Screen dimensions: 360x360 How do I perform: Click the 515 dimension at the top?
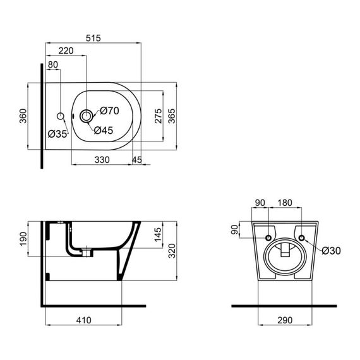point(93,39)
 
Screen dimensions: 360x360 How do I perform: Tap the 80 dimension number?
point(53,64)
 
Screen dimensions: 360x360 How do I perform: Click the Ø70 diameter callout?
point(109,111)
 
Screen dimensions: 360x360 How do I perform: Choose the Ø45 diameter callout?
point(104,130)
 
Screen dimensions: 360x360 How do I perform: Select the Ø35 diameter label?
point(57,133)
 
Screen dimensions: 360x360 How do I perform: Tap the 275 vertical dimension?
point(158,116)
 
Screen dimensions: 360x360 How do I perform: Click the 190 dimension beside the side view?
point(23,239)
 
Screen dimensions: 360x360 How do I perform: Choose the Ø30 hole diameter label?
point(331,250)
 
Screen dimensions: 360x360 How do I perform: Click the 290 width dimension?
point(285,320)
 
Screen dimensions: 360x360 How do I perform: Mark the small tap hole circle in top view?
point(61,116)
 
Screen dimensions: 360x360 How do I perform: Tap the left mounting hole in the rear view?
point(268,237)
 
